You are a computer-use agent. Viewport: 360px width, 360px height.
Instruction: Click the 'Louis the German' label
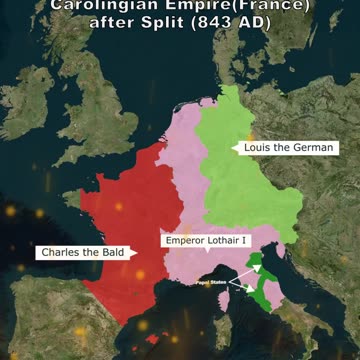pos(289,147)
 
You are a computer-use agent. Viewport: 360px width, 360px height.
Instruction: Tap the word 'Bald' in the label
pos(109,253)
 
